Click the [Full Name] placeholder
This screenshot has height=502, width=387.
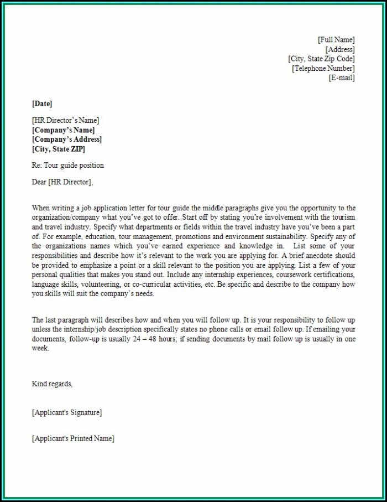pos(336,40)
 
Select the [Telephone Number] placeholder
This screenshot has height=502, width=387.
pos(323,69)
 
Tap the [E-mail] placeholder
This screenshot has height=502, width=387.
pos(342,78)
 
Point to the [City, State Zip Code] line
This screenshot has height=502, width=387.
pos(321,59)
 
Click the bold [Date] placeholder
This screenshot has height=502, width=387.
pos(42,103)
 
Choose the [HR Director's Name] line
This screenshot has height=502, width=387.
pos(66,120)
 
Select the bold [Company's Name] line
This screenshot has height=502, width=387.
pos(64,130)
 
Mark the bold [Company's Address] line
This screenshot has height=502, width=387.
pos(67,139)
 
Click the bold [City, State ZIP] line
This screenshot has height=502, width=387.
pos(59,149)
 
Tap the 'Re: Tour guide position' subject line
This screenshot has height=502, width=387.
pos(68,165)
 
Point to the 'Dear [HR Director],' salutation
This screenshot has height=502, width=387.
pos(63,181)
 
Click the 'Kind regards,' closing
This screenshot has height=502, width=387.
pos(53,384)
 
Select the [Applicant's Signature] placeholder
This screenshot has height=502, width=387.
pos(67,412)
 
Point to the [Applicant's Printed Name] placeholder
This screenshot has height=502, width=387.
pos(73,438)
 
